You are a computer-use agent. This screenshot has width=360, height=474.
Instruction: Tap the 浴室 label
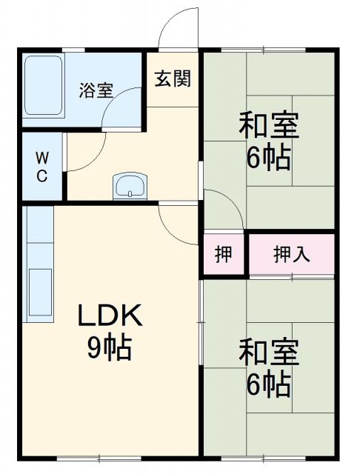[97, 90]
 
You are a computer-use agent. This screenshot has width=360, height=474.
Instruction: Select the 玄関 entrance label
[173, 78]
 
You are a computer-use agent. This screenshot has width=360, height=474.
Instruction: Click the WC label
[42, 167]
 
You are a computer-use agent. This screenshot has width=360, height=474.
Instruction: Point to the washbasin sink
[131, 185]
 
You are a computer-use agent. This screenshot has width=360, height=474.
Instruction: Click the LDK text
[110, 316]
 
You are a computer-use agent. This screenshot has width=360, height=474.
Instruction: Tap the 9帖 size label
[110, 347]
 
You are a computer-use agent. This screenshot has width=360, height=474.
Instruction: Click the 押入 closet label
[292, 255]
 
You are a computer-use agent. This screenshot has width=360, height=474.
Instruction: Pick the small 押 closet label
[223, 255]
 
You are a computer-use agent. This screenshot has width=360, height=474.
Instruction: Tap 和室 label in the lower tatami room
[268, 353]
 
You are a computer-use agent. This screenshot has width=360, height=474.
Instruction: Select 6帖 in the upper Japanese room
[268, 158]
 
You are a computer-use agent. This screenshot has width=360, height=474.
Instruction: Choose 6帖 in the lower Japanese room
[268, 385]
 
